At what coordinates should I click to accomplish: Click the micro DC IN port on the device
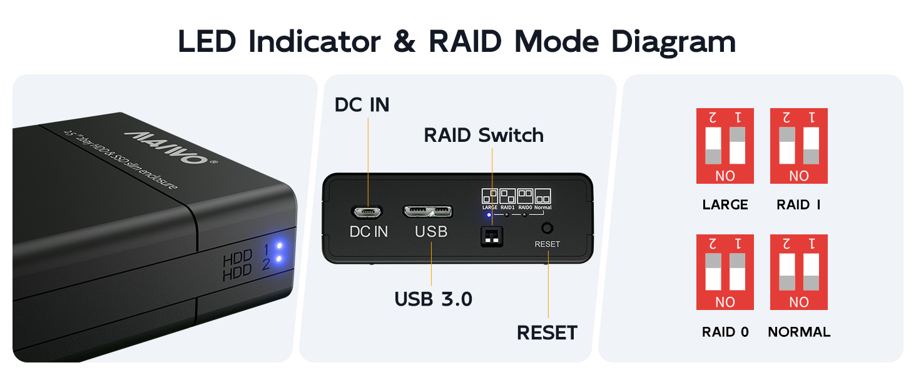pos(369,212)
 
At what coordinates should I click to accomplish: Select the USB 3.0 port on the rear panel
pos(431,212)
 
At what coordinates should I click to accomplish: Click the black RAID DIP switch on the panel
pos(492,236)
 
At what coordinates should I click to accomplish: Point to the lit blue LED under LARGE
pos(489,214)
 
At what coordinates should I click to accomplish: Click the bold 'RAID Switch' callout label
pos(484,135)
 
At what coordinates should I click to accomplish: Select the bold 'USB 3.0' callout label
pos(433,299)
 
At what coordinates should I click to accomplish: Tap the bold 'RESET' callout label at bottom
pos(547,332)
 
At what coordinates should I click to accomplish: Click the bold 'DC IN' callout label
pos(362,104)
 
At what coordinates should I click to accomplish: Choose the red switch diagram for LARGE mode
pos(725,146)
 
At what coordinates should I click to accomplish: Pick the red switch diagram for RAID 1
pos(799,146)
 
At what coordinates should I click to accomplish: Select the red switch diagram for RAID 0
pos(725,272)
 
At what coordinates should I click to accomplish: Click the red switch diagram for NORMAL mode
pos(799,272)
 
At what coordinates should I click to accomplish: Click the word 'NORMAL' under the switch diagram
pos(799,332)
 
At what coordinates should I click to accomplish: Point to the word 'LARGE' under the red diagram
pos(725,205)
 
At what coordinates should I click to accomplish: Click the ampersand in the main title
pos(405,41)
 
